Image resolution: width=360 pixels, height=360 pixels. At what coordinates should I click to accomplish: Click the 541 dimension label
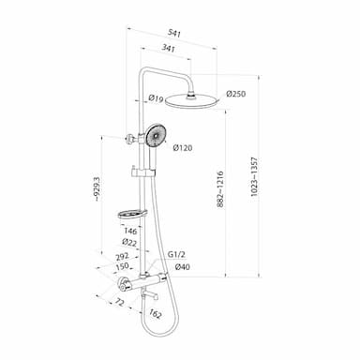[x=174, y=33]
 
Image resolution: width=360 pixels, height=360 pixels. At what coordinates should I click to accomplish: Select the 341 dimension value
[x=168, y=49]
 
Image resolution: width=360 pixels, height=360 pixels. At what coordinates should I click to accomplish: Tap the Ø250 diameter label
[x=236, y=94]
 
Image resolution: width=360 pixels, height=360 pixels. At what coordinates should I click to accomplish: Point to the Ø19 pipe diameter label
[x=156, y=98]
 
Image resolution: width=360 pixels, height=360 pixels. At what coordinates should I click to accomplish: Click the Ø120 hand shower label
[x=182, y=147]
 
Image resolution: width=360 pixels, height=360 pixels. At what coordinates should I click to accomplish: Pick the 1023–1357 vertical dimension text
[x=254, y=176]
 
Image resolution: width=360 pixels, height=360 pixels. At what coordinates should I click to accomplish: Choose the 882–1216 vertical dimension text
[x=220, y=189]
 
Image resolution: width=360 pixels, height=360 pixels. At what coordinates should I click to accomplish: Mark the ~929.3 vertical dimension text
[x=97, y=188]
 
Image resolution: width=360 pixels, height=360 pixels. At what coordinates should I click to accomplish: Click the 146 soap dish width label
[x=130, y=231]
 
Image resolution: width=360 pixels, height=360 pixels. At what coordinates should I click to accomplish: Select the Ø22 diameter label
[x=129, y=242]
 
